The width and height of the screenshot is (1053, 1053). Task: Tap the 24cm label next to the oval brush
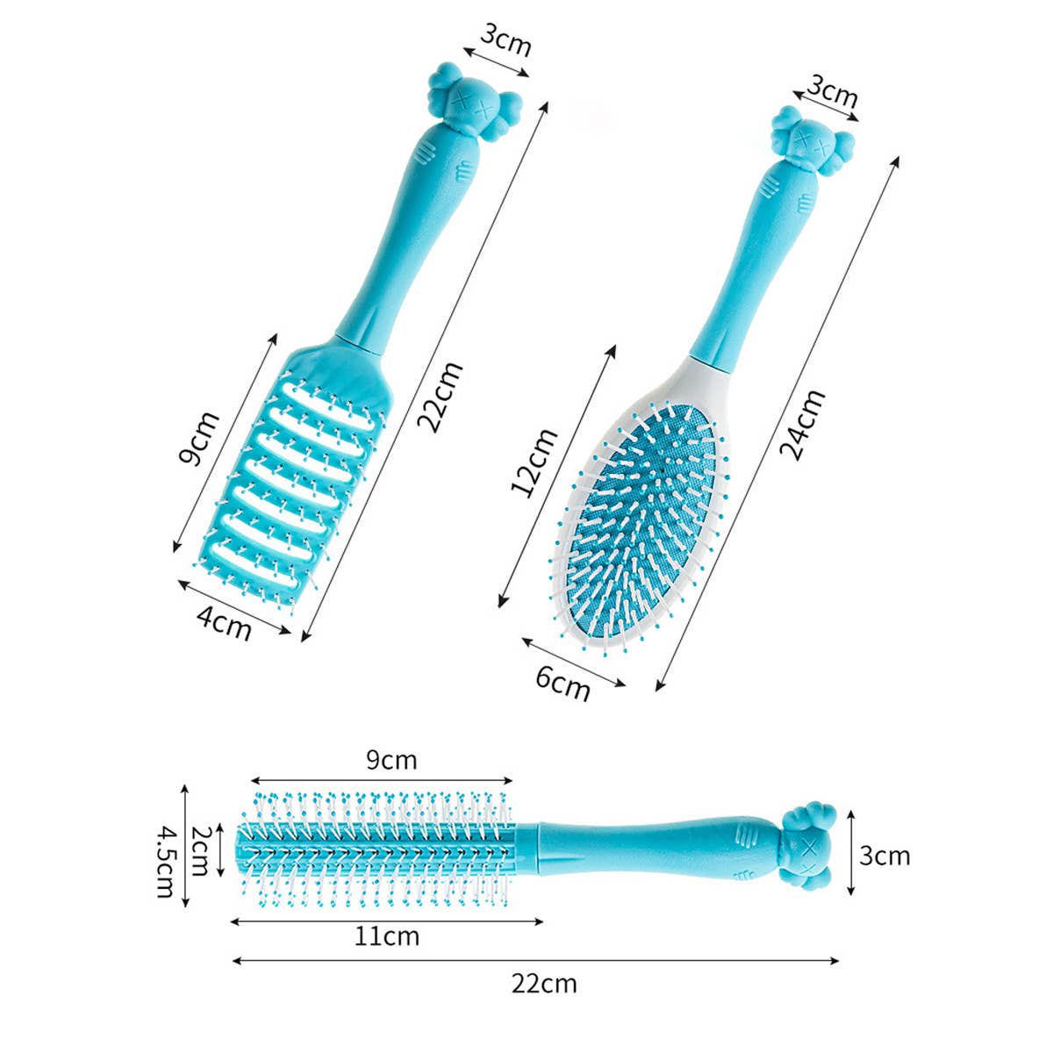803,426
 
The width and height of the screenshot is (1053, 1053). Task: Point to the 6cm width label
562,683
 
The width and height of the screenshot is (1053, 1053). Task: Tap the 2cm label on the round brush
200,851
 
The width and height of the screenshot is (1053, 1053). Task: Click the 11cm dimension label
387,936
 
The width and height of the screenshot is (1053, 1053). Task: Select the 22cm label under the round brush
544,983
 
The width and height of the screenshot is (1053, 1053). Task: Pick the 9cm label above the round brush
391,760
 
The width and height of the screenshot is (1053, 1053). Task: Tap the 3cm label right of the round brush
885,855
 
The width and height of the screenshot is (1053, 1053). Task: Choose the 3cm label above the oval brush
833,91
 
